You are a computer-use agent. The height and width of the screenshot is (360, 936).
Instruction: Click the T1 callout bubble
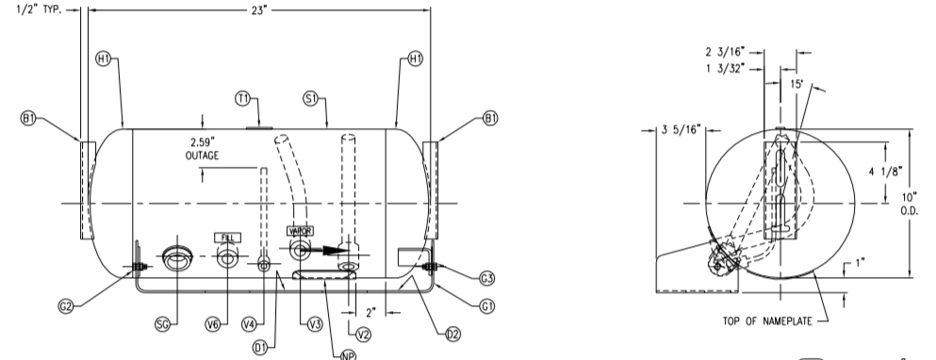point(242,98)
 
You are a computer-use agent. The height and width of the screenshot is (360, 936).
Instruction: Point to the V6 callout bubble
point(213,324)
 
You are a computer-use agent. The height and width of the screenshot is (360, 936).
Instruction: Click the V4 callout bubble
point(249,324)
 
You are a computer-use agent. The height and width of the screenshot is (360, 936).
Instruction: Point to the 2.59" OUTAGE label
point(202,150)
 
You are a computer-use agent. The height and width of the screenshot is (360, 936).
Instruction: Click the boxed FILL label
point(228,237)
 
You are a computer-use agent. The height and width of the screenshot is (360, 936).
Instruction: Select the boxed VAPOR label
point(301,230)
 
